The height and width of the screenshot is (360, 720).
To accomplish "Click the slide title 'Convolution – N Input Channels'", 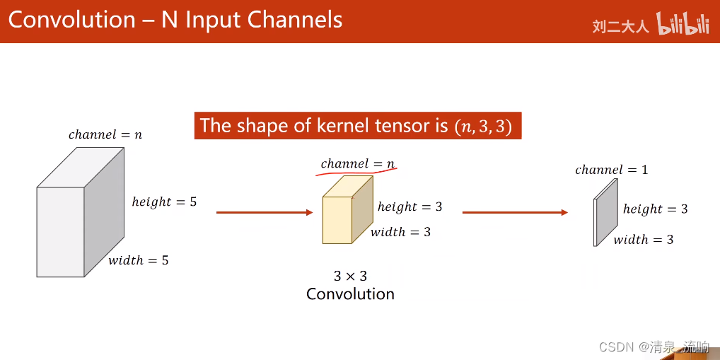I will coord(175,19).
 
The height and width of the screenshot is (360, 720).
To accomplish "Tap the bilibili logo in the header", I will coord(683,25).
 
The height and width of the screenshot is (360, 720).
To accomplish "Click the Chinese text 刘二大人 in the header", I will coord(620,27).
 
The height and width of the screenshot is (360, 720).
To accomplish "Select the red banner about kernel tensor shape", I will coord(358,125).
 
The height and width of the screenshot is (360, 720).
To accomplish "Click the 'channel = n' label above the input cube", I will coord(105,134).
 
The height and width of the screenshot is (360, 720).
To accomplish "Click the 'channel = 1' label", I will coord(611,170).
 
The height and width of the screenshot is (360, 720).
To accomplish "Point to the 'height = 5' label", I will coord(164,202).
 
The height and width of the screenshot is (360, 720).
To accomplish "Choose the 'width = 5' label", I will coord(138,260).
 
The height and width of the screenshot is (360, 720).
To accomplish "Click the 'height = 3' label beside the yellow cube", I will coord(410,207).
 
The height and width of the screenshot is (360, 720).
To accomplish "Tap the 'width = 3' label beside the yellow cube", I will coord(400,232).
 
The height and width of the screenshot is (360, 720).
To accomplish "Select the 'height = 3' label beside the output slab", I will coord(655,209).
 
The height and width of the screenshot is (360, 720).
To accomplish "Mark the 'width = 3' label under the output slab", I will coord(643,240).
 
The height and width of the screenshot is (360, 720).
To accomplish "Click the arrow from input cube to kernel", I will coord(264,212).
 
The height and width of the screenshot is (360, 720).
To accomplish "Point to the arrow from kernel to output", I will coord(515,212).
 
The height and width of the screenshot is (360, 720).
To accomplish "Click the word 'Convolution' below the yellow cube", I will coord(350,294).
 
